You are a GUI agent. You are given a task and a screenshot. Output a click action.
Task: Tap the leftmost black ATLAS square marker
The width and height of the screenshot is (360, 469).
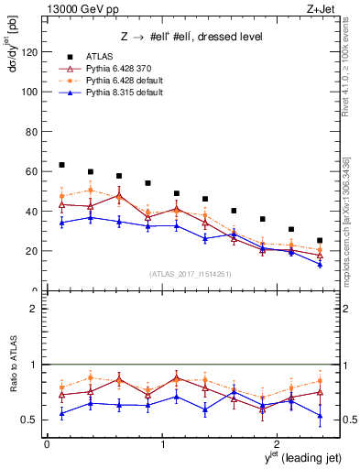pos(61,165)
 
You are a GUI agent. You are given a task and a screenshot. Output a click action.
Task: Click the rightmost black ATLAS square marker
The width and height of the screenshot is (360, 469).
pos(320,241)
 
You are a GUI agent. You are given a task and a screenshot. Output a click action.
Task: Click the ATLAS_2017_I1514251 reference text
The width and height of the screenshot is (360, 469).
pos(190,274)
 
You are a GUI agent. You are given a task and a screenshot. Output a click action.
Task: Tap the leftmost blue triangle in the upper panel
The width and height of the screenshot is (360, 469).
pos(61,223)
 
